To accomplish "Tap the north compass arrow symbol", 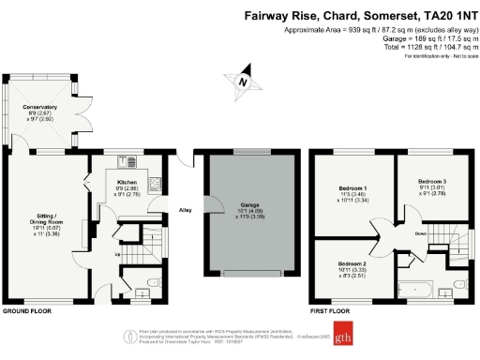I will tap(243, 82).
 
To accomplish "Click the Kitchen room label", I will tap(127, 186).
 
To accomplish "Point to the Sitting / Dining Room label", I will tap(40, 224).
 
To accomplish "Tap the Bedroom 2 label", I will tap(352, 268).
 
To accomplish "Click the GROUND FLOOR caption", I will tap(26, 310).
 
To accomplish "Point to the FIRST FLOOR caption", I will tap(330, 310).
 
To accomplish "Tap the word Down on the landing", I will tap(396, 234).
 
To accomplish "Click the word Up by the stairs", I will tap(116, 254).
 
